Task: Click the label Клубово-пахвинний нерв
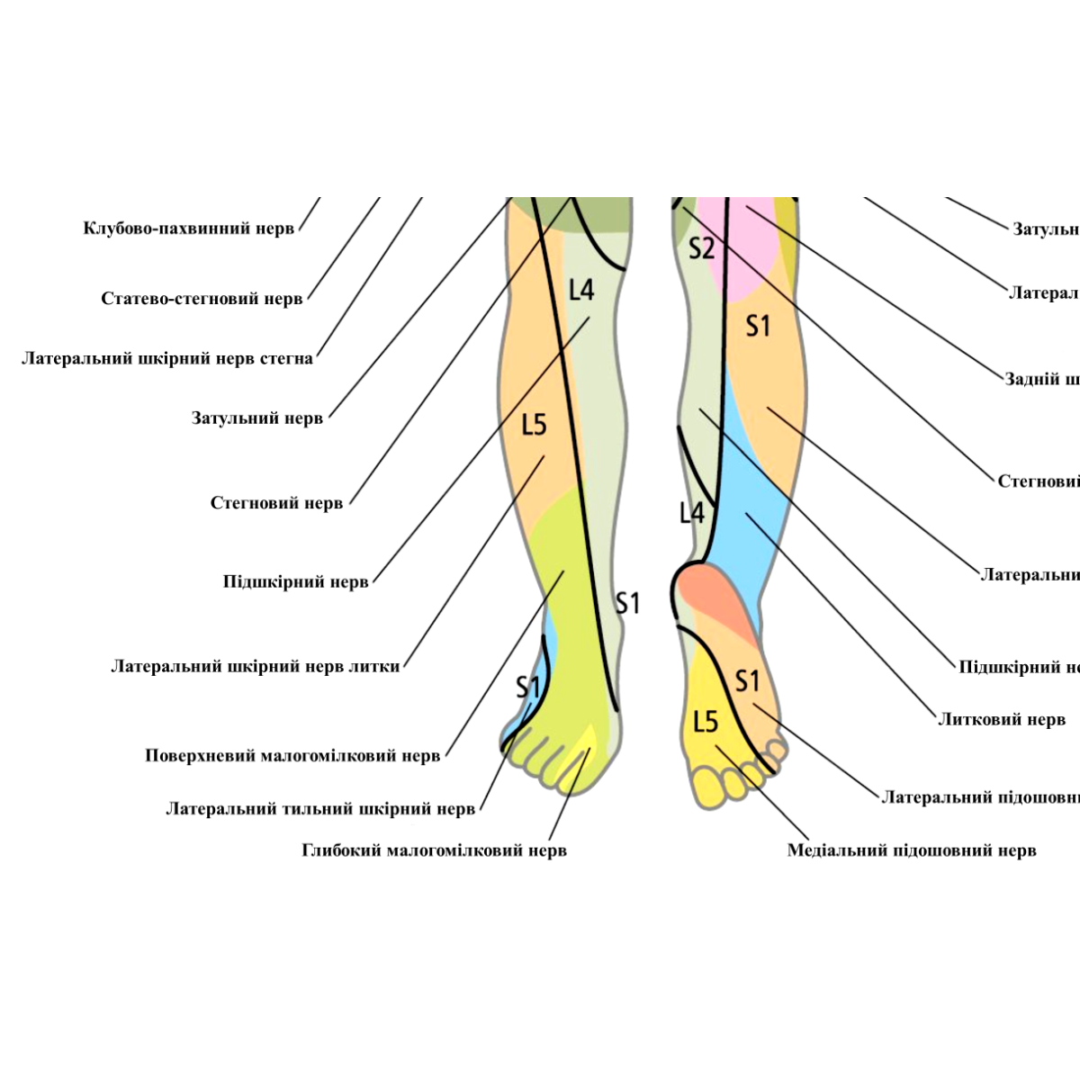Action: tap(188, 229)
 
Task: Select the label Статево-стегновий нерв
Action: tap(202, 299)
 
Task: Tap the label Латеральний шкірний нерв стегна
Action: tap(167, 359)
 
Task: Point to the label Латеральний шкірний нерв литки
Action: tap(256, 667)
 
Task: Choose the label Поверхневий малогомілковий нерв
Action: tap(292, 756)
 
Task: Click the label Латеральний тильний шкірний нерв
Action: tap(319, 809)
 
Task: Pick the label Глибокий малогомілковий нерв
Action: tap(434, 850)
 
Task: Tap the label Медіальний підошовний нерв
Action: tap(912, 850)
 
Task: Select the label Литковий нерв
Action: tap(1002, 720)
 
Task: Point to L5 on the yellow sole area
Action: tap(706, 722)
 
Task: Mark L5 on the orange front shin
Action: tap(535, 425)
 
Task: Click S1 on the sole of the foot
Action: tap(748, 681)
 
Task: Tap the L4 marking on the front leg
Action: tap(581, 291)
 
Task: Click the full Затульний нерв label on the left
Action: tap(256, 418)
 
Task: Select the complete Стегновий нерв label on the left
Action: tap(276, 503)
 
